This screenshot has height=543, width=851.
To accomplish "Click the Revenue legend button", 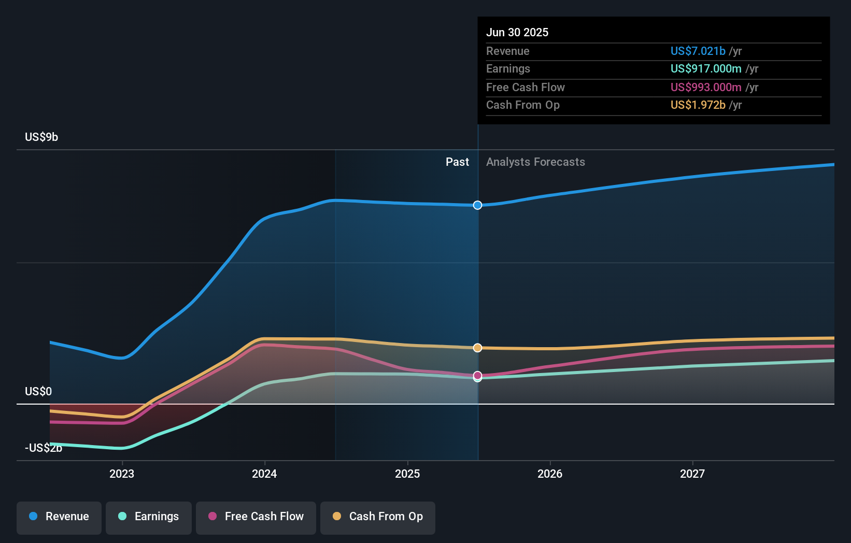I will [59, 517].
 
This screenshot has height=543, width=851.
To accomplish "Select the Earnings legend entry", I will [149, 517].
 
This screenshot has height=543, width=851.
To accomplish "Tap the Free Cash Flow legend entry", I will [256, 517].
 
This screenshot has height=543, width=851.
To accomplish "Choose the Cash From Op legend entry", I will [378, 517].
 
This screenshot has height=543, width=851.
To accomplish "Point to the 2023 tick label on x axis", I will [122, 474].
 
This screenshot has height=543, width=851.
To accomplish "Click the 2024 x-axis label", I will [264, 474].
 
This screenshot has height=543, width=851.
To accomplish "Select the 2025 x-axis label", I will [407, 474].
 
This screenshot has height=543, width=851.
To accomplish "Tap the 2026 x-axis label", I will [550, 474].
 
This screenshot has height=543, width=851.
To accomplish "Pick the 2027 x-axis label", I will [692, 474].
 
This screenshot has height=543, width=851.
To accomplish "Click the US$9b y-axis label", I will [41, 137].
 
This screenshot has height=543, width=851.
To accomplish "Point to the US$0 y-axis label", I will [38, 391].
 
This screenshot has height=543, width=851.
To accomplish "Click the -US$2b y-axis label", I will [44, 448].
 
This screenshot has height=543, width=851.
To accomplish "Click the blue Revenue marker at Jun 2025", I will [478, 205].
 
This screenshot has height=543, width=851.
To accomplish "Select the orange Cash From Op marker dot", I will [478, 348].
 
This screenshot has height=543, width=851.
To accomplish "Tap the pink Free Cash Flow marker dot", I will [478, 375].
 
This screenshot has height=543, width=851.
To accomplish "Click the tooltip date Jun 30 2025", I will [517, 32].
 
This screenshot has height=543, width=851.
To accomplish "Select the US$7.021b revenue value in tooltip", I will [698, 51].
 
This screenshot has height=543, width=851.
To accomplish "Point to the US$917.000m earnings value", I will [706, 68].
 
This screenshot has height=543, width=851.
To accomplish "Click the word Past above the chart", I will [457, 162].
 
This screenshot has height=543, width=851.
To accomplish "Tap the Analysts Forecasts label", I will [535, 162].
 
